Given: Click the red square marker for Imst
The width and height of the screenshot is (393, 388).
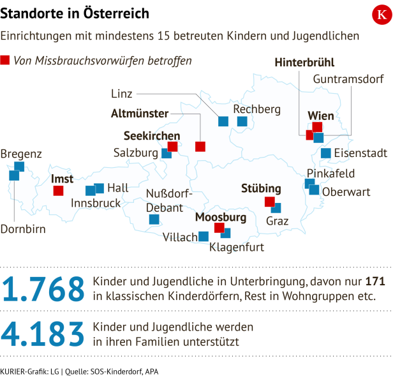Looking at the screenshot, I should [x=58, y=190].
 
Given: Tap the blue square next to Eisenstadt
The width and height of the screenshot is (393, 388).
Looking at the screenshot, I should [x=326, y=153].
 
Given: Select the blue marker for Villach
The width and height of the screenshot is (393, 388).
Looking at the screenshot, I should [x=204, y=236].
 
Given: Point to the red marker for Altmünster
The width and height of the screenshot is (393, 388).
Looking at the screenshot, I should [x=200, y=146].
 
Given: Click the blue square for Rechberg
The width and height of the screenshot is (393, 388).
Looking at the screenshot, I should [x=242, y=121].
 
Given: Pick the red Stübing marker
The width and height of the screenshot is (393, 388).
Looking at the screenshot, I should [x=269, y=202].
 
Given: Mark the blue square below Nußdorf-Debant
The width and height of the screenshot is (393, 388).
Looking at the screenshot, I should [x=154, y=219].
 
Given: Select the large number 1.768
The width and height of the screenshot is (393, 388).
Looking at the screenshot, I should [x=43, y=289].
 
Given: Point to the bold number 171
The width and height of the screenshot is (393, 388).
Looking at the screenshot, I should [x=375, y=281].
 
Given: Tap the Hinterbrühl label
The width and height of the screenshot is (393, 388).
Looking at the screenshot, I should [x=304, y=63].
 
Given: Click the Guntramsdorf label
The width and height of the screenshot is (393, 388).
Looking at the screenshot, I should [x=348, y=80].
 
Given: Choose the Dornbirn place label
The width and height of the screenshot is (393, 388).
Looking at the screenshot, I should [x=23, y=229].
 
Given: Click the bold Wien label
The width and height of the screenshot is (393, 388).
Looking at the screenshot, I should [x=321, y=116].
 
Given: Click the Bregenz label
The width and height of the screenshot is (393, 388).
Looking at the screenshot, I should [x=21, y=154].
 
